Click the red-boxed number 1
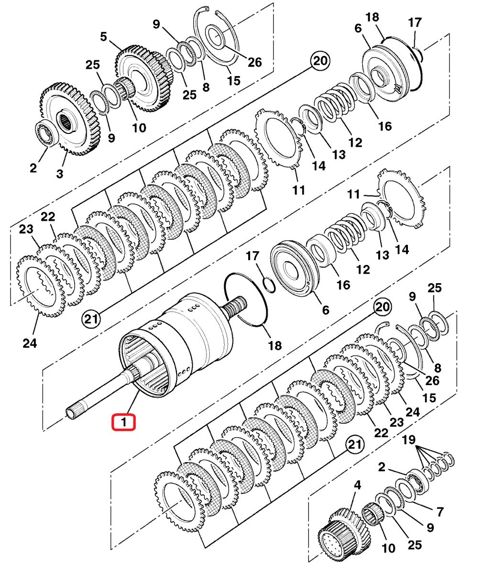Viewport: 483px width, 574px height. pyautogui.click(x=123, y=422)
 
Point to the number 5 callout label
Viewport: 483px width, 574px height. pyautogui.click(x=103, y=36)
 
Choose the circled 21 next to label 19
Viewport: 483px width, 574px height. pyautogui.click(x=353, y=445)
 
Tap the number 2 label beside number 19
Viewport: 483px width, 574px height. pyautogui.click(x=381, y=467)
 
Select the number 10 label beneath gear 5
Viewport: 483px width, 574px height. pyautogui.click(x=139, y=128)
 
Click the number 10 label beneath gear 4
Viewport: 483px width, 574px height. pyautogui.click(x=389, y=547)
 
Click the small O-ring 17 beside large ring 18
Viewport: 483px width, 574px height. pyautogui.click(x=269, y=284)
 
